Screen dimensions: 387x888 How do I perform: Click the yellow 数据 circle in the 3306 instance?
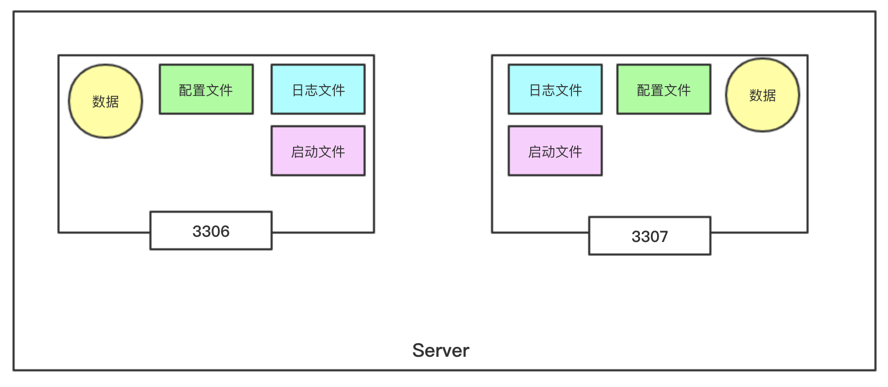click(x=106, y=101)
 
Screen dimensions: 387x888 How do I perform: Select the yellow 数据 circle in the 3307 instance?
click(x=763, y=95)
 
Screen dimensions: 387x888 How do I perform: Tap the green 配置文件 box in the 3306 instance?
click(x=206, y=89)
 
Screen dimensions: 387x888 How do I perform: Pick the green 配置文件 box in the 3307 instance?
click(x=664, y=89)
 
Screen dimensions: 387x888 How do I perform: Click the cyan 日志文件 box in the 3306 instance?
click(x=318, y=89)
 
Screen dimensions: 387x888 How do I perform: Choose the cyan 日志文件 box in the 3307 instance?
click(x=555, y=89)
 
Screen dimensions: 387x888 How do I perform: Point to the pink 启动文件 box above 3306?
click(x=318, y=151)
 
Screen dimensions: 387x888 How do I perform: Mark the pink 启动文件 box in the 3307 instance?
click(x=555, y=151)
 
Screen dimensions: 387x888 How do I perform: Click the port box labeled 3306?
click(x=211, y=231)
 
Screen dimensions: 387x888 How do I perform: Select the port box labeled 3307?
click(x=650, y=236)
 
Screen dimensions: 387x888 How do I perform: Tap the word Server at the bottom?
click(x=440, y=350)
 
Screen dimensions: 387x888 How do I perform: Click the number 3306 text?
click(x=211, y=231)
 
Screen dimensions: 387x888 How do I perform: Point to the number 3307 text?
click(x=650, y=236)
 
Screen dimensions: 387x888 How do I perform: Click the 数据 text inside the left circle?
click(x=106, y=102)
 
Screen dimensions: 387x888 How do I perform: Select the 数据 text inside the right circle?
click(x=763, y=95)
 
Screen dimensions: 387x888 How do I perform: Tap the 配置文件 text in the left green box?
click(x=206, y=90)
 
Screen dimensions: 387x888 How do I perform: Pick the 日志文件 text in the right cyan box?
click(x=556, y=90)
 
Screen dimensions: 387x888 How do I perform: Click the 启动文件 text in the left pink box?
click(x=318, y=152)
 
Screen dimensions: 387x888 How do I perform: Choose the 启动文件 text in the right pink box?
click(x=555, y=152)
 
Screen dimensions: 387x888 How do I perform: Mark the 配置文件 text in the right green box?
click(x=664, y=90)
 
